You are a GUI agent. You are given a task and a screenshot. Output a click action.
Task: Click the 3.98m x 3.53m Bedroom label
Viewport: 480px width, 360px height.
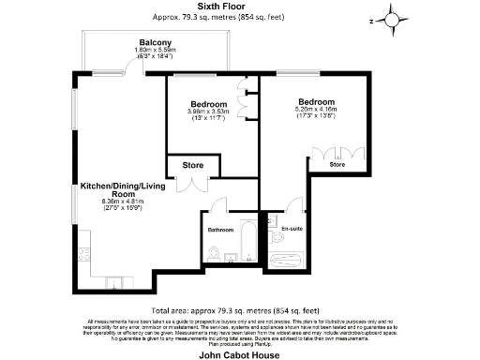pyautogui.click(x=208, y=104)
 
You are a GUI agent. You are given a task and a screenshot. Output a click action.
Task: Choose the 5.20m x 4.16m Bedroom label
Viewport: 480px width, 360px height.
pyautogui.click(x=317, y=101)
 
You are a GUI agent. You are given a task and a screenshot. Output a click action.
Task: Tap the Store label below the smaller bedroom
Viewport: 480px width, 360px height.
pyautogui.click(x=192, y=166)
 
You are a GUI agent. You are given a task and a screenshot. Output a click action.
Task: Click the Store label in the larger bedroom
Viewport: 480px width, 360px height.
pyautogui.click(x=337, y=165)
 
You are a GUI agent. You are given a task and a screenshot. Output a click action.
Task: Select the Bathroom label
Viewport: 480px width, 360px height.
pyautogui.click(x=221, y=230)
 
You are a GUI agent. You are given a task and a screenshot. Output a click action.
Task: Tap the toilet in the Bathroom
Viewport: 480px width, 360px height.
pyautogui.click(x=214, y=252)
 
